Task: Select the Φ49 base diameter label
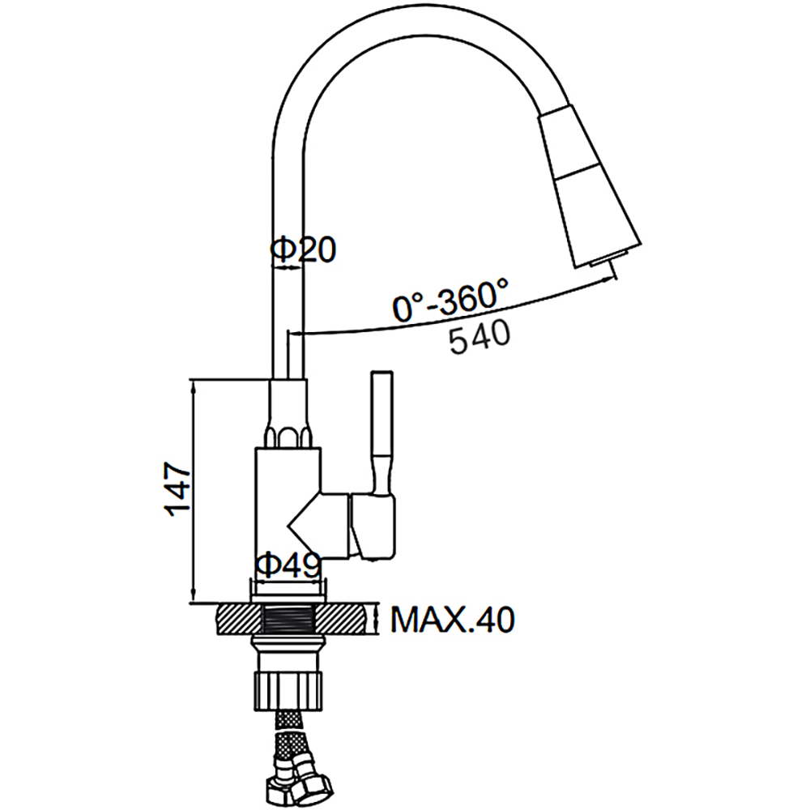coord(288,565)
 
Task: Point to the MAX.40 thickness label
coord(452,620)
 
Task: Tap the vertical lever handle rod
coord(382,429)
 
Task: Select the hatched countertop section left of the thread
coord(239,620)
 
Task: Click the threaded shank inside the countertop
coord(291,620)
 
